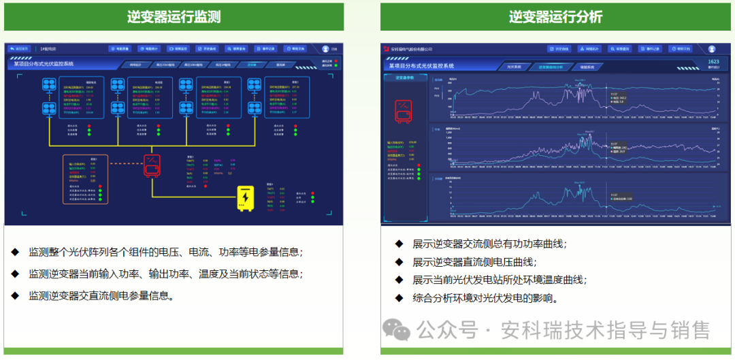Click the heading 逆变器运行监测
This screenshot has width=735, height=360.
pyautogui.click(x=174, y=17)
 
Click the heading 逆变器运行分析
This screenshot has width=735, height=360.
pyautogui.click(x=555, y=17)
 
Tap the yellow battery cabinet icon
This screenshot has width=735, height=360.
pyautogui.click(x=244, y=197)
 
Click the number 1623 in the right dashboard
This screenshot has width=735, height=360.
pyautogui.click(x=713, y=62)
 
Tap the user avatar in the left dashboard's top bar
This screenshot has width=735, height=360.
pyautogui.click(x=325, y=49)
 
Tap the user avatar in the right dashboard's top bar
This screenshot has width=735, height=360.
pyautogui.click(x=712, y=49)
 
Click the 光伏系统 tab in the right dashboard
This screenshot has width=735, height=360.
pyautogui.click(x=514, y=67)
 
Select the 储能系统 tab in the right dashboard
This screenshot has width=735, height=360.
pyautogui.click(x=587, y=67)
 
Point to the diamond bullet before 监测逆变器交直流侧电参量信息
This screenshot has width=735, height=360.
pyautogui.click(x=15, y=295)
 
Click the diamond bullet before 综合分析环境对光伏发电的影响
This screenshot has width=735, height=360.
pyautogui.click(x=399, y=297)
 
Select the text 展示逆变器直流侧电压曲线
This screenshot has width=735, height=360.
pyautogui.click(x=474, y=262)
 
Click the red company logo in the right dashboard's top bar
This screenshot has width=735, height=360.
pyautogui.click(x=385, y=49)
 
